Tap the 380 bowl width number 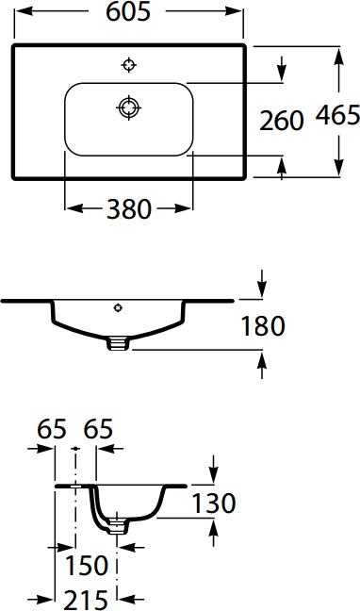[x=129, y=209]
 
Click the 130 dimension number [x=213, y=504]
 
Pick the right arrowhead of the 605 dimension [x=240, y=13]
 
